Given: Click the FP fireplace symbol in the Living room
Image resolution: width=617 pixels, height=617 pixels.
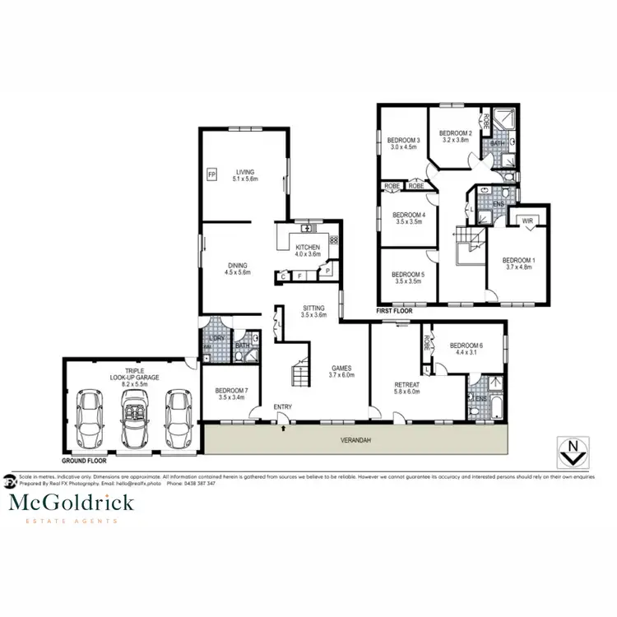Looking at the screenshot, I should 211,174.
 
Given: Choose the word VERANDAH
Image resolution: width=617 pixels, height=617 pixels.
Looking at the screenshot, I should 355,440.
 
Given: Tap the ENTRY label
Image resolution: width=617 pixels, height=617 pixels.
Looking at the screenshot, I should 283,406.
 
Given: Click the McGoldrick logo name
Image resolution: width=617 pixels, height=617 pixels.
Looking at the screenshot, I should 70,502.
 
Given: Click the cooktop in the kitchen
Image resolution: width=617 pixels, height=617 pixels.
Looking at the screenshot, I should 333,240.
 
